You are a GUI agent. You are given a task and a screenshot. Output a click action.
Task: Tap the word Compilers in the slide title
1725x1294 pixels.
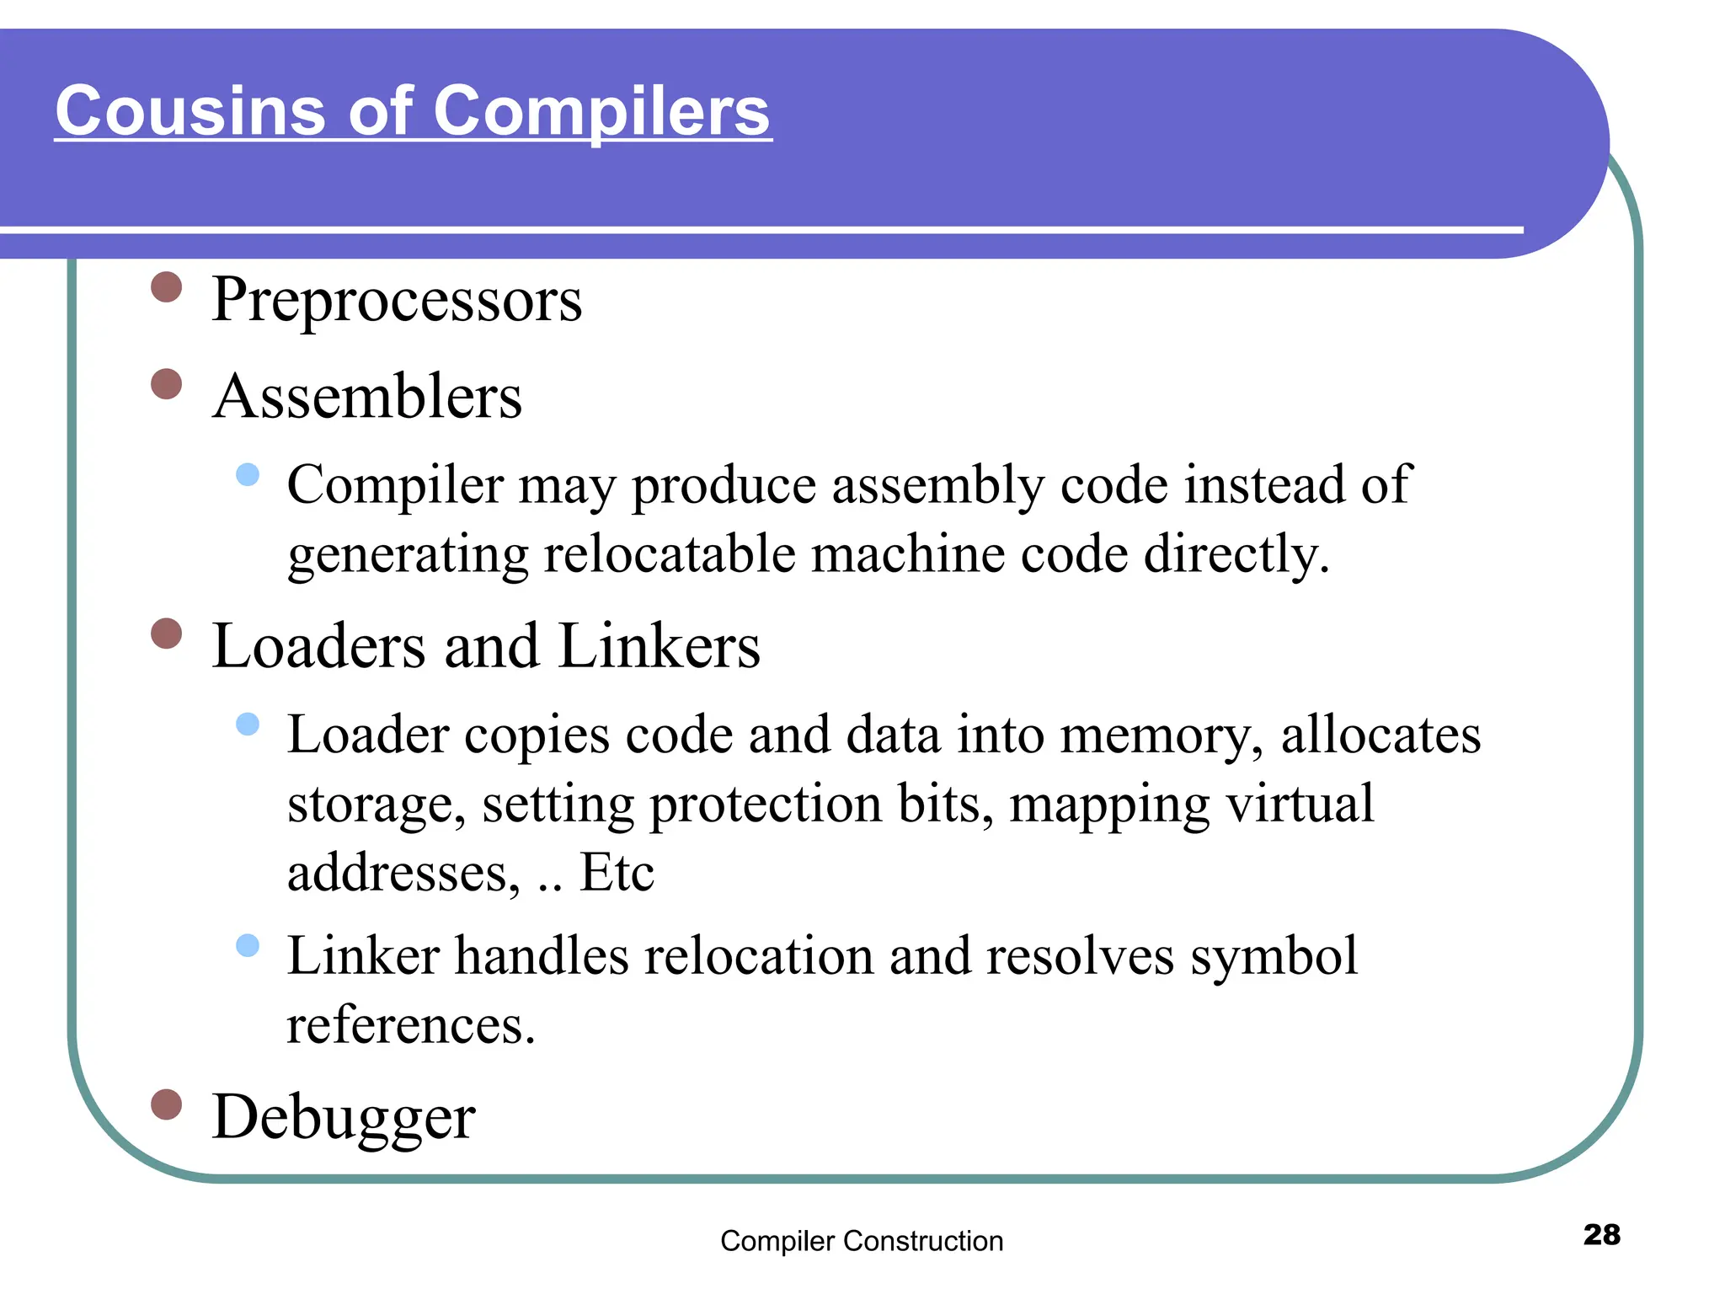[601, 111]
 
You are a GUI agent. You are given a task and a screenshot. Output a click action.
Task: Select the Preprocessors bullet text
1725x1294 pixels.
[397, 300]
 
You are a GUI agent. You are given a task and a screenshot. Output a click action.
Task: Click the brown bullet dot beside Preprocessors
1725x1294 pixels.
[167, 286]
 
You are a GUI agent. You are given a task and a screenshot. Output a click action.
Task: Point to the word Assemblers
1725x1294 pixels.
[367, 397]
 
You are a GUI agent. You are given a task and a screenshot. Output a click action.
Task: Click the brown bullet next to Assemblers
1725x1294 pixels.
[167, 383]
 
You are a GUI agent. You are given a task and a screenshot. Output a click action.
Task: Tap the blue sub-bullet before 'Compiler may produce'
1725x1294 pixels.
[248, 474]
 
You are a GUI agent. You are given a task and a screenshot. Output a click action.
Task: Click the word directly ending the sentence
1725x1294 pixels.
[1236, 554]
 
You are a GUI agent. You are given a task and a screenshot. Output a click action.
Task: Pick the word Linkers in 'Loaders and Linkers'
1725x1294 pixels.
[659, 646]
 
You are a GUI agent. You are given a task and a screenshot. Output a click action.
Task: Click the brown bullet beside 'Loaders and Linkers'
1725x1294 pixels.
[167, 634]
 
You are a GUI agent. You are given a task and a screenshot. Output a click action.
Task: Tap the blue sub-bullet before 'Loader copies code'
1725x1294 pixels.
[248, 724]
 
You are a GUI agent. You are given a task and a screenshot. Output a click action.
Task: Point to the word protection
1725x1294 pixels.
[766, 804]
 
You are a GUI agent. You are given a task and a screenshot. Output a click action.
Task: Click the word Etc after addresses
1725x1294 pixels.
[617, 873]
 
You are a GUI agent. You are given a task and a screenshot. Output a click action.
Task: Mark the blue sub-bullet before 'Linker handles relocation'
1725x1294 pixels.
[248, 945]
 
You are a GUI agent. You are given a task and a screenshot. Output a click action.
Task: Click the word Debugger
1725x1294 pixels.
[344, 1117]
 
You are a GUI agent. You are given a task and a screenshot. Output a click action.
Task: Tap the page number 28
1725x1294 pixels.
[1601, 1234]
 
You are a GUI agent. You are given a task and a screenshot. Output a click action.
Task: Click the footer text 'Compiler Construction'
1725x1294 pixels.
[862, 1241]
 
